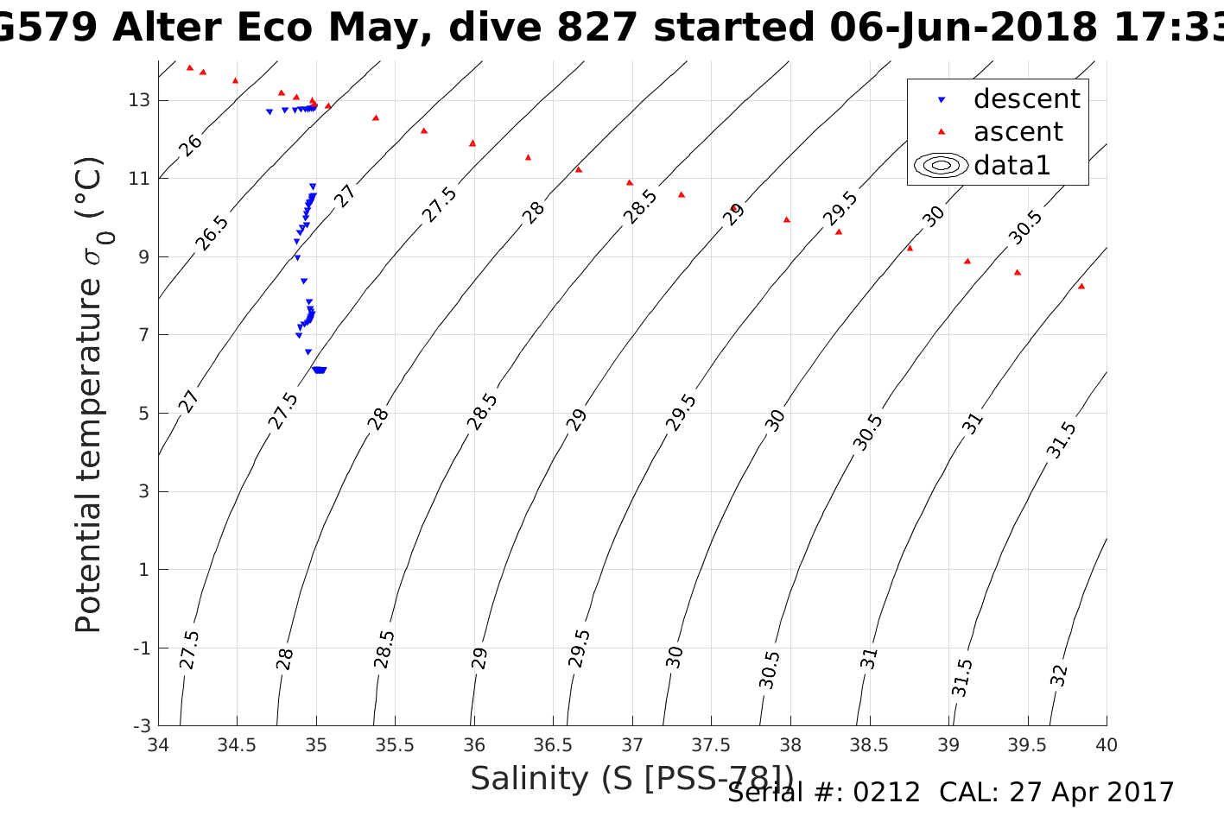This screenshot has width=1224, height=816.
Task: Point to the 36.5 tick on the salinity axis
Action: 553,745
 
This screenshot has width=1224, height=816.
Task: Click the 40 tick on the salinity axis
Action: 1106,745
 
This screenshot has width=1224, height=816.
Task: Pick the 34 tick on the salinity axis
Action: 158,745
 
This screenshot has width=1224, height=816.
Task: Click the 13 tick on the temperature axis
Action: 139,100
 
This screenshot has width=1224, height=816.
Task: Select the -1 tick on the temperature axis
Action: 141,648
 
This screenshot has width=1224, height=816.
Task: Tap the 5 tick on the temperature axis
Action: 144,414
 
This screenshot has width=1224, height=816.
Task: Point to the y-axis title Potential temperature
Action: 90,394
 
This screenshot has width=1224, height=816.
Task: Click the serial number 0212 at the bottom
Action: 886,793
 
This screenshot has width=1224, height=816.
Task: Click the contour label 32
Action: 1059,674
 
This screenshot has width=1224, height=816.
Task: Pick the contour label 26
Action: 190,144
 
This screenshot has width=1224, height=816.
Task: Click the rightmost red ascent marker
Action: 1081,286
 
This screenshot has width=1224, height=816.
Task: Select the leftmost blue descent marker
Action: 270,111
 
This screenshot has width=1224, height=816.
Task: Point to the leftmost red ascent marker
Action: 190,67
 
